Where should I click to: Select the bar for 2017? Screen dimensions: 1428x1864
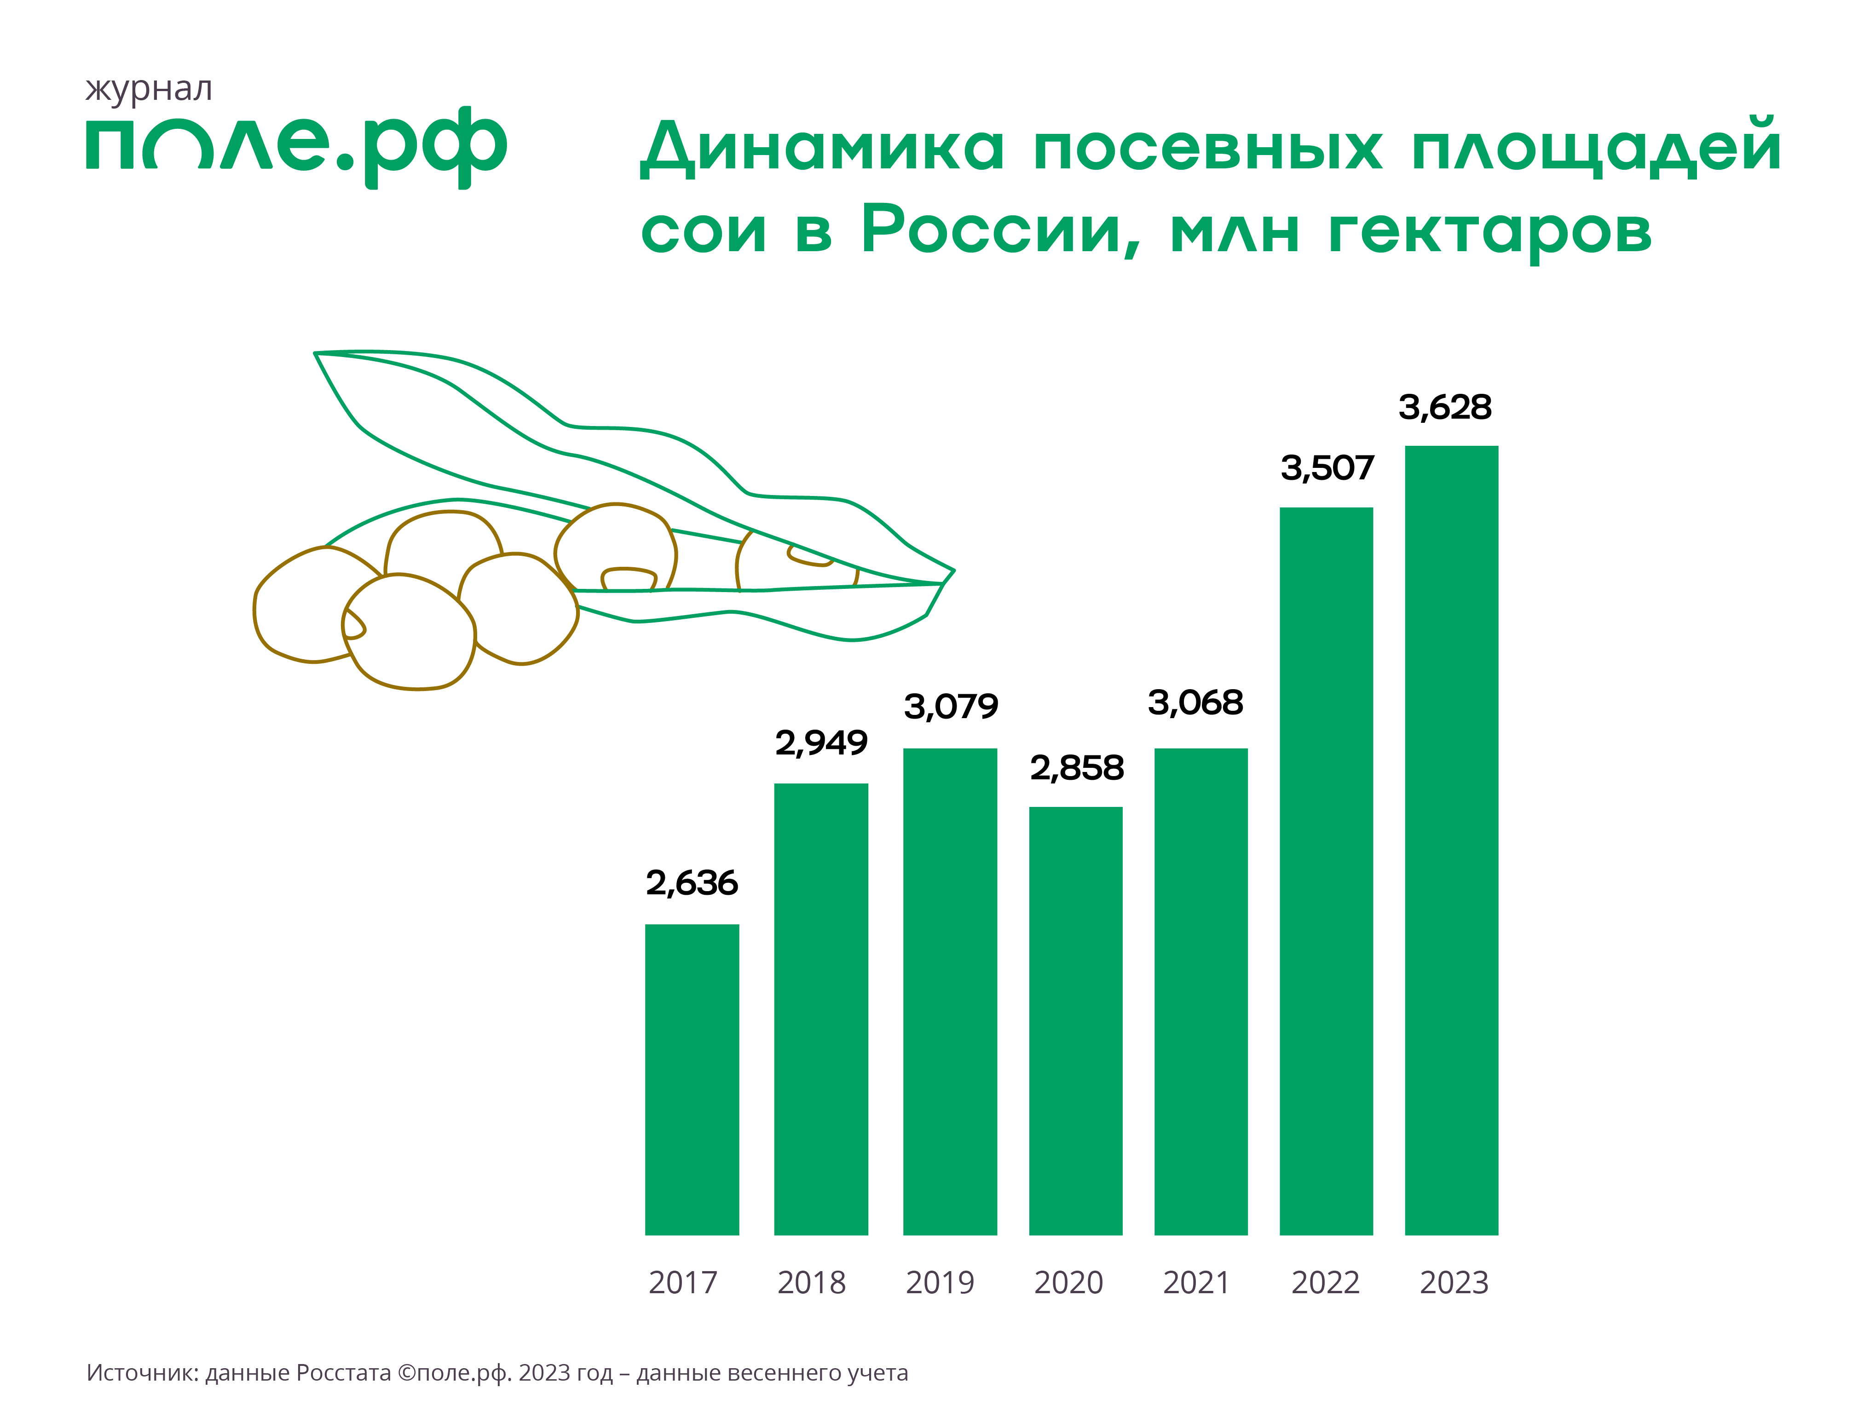point(692,1079)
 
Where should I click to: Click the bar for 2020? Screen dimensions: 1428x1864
point(1075,1020)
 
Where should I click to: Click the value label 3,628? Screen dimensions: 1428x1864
point(1445,408)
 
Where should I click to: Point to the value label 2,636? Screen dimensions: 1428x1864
point(692,884)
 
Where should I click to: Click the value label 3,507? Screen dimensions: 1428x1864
point(1327,468)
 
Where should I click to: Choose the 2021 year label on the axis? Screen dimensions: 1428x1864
point(1196,1283)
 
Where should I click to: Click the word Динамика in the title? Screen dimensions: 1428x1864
point(822,148)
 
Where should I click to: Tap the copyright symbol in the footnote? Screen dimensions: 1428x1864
point(406,1373)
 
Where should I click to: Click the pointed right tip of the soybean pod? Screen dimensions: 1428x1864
point(952,571)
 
